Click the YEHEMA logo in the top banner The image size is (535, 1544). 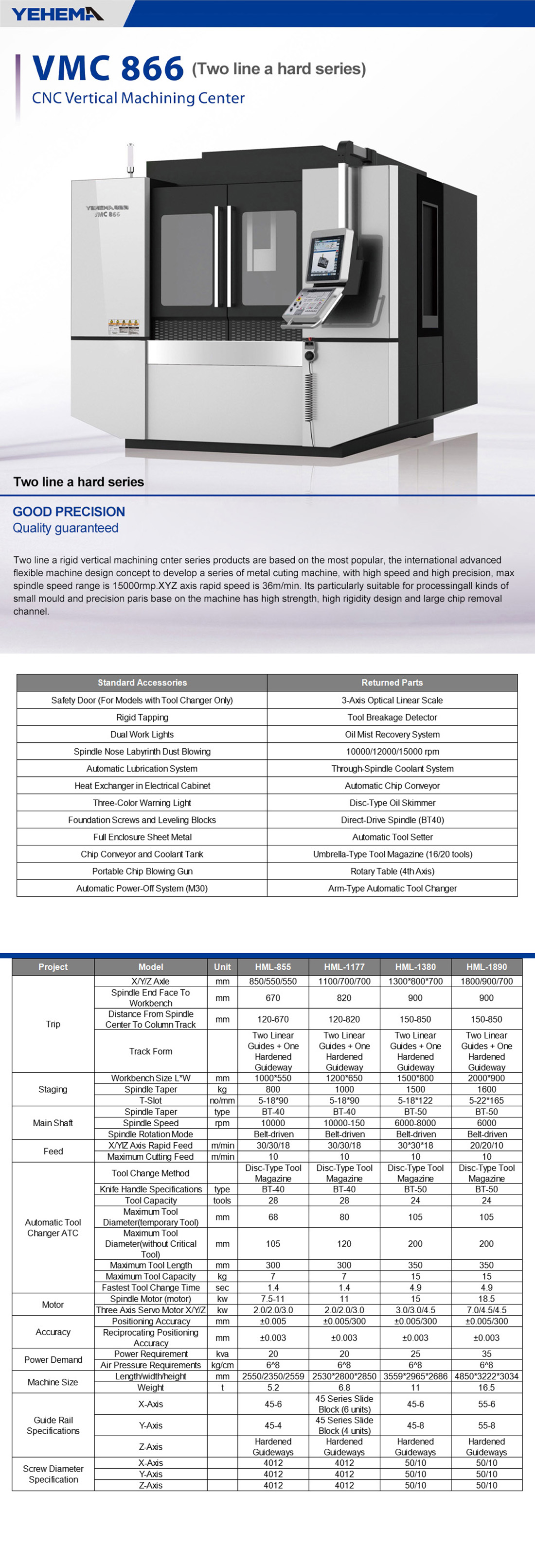point(57,13)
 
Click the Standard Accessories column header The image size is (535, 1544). point(142,682)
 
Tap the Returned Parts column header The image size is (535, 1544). point(392,682)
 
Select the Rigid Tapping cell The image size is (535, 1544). point(142,717)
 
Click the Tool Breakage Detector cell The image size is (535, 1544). point(392,717)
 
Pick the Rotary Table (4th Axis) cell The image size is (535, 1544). point(392,871)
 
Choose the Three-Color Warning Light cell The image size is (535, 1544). point(142,803)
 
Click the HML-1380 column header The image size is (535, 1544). point(415,966)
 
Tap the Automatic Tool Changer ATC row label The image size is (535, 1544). point(53,1227)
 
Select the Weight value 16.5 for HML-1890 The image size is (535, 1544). point(486,1387)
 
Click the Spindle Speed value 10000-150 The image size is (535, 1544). point(344,1123)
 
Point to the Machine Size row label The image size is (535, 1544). point(53,1382)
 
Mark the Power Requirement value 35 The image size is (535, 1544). point(486,1354)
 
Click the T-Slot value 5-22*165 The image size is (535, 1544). point(486,1100)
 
